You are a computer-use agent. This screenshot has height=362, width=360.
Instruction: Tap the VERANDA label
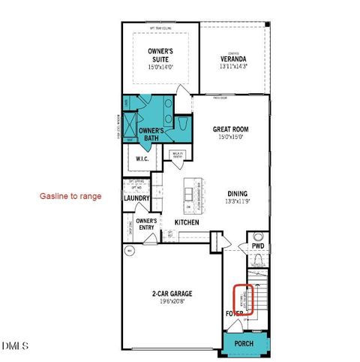coord(234,59)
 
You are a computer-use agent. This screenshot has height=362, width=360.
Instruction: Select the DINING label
coord(237,192)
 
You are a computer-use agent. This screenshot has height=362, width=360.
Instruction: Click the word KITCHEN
coord(187,223)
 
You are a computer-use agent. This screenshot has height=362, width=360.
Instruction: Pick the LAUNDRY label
coord(137,198)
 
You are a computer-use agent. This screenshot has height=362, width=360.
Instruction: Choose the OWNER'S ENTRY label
coord(145,224)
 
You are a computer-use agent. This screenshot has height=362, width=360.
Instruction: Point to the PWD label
coord(258,246)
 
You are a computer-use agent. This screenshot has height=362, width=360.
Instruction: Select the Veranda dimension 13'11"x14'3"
coord(234,67)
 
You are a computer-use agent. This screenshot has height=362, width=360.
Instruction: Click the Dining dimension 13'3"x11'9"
coord(237,201)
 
